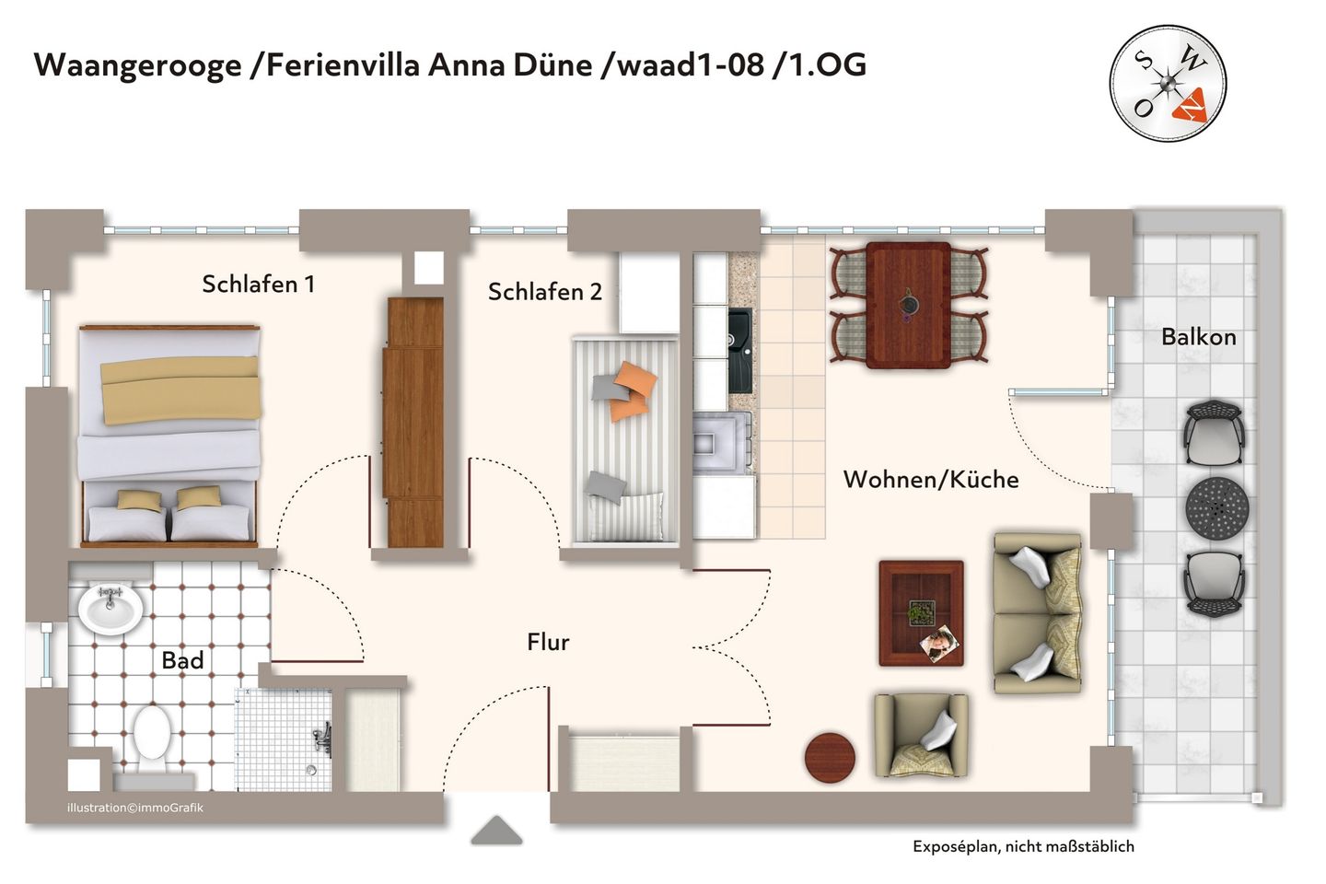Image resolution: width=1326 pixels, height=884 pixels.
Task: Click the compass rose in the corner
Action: pyautogui.click(x=1168, y=83)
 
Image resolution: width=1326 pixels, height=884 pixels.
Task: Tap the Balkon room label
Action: pyautogui.click(x=1198, y=337)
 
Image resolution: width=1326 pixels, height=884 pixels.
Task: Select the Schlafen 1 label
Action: pyautogui.click(x=258, y=285)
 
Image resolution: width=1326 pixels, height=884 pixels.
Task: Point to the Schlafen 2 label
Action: pyautogui.click(x=544, y=292)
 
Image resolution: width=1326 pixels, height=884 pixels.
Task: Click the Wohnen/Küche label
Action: pyautogui.click(x=930, y=480)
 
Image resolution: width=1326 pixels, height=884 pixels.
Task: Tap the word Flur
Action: pyautogui.click(x=548, y=642)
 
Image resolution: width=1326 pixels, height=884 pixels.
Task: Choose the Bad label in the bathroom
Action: pyautogui.click(x=182, y=660)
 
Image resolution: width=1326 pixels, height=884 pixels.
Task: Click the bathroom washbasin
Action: pyautogui.click(x=110, y=608)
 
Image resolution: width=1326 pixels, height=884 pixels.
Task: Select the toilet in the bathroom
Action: pyautogui.click(x=151, y=737)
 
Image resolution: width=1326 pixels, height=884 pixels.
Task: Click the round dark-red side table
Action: pyautogui.click(x=830, y=757)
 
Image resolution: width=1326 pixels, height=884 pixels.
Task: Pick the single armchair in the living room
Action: pyautogui.click(x=921, y=735)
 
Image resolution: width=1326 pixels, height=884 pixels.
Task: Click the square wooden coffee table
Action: pyautogui.click(x=921, y=612)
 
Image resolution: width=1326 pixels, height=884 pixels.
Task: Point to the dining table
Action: pyautogui.click(x=908, y=305)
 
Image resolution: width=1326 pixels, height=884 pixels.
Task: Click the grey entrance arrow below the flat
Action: pyautogui.click(x=496, y=831)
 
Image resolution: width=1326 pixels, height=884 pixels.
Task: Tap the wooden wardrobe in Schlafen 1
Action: pyautogui.click(x=413, y=422)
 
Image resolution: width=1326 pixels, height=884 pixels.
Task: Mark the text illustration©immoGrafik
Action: pyautogui.click(x=135, y=808)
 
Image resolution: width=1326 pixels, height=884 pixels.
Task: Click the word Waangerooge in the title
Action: pyautogui.click(x=137, y=65)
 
